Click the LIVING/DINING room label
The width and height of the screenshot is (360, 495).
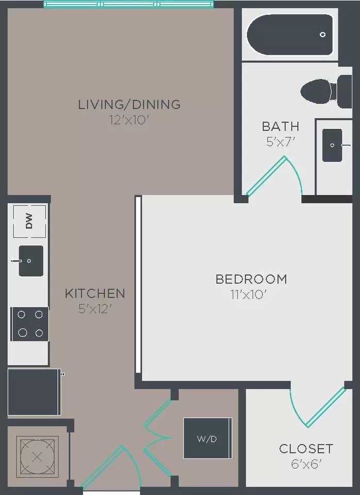point(129,104)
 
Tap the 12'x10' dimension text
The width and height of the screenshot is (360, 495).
point(128,120)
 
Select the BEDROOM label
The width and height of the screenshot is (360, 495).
point(251,279)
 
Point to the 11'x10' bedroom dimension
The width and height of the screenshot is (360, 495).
point(249,295)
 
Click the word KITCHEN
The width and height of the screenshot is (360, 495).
point(95,293)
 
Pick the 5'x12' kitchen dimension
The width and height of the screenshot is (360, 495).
point(95,309)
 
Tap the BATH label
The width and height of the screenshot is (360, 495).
point(281,126)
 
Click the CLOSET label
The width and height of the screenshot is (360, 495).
point(306,449)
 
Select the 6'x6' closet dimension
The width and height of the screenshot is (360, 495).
point(306,464)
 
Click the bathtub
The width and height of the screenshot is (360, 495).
point(290,35)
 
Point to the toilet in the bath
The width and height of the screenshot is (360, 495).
point(326,92)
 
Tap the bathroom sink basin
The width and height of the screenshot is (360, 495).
point(332,145)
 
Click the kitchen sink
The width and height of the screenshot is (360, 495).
point(31,261)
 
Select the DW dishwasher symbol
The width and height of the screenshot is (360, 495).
point(29,221)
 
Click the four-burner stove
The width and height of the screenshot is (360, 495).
point(30,324)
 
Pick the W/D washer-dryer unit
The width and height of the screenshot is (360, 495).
point(207,438)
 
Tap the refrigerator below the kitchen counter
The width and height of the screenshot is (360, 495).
point(35,392)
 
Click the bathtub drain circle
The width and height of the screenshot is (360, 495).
point(323,35)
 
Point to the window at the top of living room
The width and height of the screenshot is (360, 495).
point(128,4)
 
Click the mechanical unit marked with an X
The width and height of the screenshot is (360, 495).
point(37,456)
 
